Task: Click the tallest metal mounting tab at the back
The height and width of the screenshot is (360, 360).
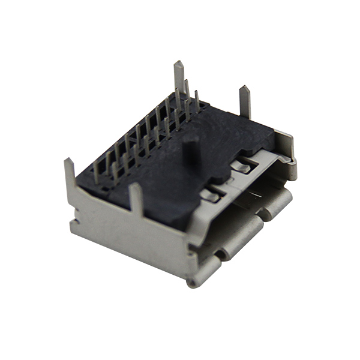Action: [179, 78]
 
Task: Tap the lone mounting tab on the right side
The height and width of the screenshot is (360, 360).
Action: [244, 102]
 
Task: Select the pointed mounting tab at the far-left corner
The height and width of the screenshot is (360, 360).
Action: [70, 174]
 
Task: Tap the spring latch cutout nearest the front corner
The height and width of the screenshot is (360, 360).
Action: [210, 194]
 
